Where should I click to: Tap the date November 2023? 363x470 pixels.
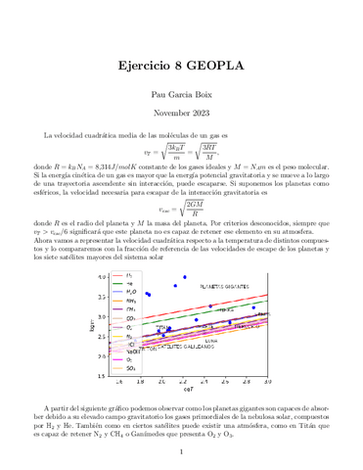pos(181,114)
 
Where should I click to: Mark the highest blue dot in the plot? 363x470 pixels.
pos(184,277)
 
